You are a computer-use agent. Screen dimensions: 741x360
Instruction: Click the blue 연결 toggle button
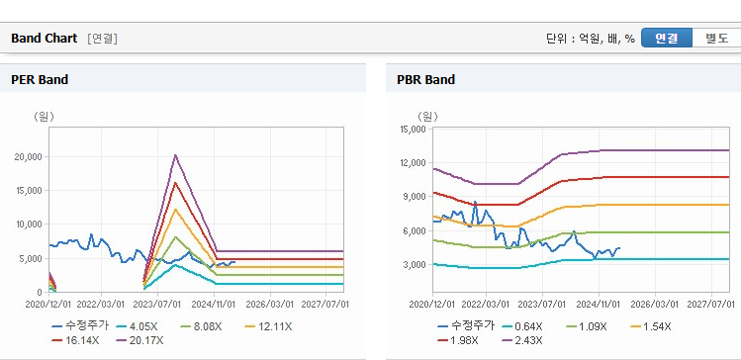pyautogui.click(x=667, y=39)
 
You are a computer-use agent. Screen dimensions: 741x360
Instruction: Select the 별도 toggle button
pyautogui.click(x=716, y=39)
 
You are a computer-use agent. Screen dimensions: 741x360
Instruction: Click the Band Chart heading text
pyautogui.click(x=44, y=39)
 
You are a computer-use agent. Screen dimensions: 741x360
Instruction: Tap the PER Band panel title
pyautogui.click(x=40, y=79)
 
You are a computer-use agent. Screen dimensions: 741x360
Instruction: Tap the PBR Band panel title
pyautogui.click(x=426, y=79)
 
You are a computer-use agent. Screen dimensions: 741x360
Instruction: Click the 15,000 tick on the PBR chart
pyautogui.click(x=415, y=129)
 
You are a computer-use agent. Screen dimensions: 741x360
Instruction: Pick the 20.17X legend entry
pyautogui.click(x=139, y=340)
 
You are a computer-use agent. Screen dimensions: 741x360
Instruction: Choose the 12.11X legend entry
pyautogui.click(x=268, y=326)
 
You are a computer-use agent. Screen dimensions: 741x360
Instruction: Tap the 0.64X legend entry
pyautogui.click(x=522, y=326)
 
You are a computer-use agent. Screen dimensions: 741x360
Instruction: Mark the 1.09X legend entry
pyautogui.click(x=586, y=326)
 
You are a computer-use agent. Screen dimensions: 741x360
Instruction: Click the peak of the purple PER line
pyautogui.click(x=175, y=154)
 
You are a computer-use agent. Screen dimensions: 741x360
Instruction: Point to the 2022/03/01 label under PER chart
pyautogui.click(x=101, y=305)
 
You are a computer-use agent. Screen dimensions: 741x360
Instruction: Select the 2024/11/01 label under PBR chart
pyautogui.click(x=600, y=305)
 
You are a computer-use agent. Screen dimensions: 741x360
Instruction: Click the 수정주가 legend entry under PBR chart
pyautogui.click(x=466, y=326)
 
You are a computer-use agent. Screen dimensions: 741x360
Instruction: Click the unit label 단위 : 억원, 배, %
pyautogui.click(x=591, y=39)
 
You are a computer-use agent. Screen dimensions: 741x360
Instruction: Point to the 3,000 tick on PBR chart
pyautogui.click(x=417, y=265)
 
